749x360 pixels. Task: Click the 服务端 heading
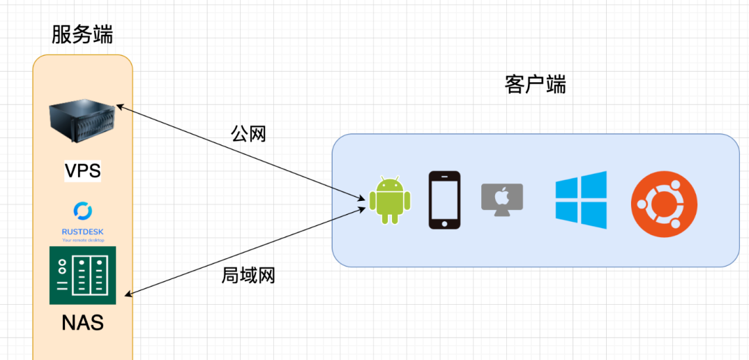[82, 34]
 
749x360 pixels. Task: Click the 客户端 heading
[535, 85]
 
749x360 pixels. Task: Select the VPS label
[82, 171]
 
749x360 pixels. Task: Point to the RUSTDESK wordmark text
[82, 231]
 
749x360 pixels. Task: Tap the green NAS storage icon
[82, 275]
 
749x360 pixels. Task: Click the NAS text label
[82, 322]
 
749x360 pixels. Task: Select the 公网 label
[249, 133]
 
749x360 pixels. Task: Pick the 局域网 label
[248, 276]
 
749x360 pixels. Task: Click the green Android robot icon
[390, 200]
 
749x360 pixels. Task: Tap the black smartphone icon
[444, 200]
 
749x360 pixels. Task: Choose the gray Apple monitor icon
[502, 198]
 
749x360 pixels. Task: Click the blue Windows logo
[581, 200]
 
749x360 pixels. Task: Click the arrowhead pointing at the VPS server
[119, 107]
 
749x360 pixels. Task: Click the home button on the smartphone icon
[444, 224]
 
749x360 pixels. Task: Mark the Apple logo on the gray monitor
[502, 196]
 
